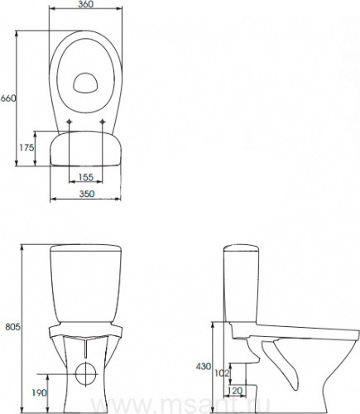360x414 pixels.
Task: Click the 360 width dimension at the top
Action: click(x=86, y=4)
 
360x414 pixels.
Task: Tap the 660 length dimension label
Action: click(x=8, y=98)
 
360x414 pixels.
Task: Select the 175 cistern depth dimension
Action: click(x=26, y=147)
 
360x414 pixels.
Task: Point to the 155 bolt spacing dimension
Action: click(x=86, y=177)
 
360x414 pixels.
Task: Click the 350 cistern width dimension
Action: click(x=87, y=194)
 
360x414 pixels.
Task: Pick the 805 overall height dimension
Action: click(x=12, y=327)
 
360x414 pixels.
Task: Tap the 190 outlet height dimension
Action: click(x=39, y=392)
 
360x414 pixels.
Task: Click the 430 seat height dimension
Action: click(x=204, y=366)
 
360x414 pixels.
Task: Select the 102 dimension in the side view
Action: click(x=222, y=373)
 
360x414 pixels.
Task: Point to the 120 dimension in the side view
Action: click(x=235, y=391)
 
